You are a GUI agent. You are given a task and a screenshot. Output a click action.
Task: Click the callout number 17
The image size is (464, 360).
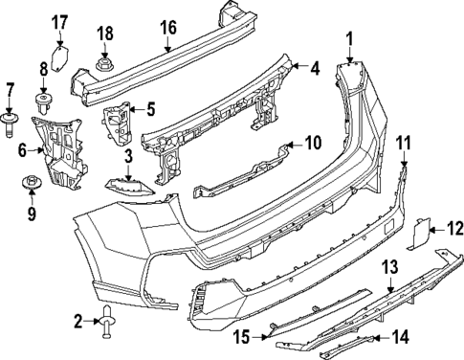pos(59,21)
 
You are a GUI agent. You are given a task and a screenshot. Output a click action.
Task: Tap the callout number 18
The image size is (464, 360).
pos(105,36)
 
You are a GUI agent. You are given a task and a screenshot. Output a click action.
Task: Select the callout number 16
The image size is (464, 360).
pos(168,27)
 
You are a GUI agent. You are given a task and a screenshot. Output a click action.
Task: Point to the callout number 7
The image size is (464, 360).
pos(11,90)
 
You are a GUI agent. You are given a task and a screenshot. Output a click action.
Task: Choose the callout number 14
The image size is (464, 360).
pos(400,336)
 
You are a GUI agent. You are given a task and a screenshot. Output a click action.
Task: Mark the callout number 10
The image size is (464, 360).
pos(313,145)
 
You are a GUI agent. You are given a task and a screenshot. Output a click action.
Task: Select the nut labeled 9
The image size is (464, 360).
pos(31,181)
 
